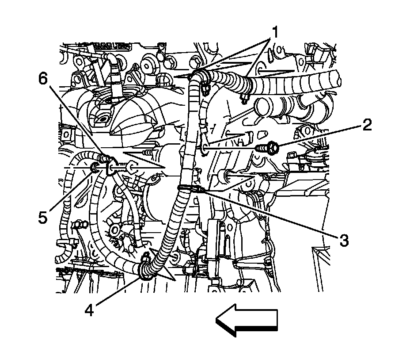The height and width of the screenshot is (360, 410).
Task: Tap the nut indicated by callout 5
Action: tap(94, 168)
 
